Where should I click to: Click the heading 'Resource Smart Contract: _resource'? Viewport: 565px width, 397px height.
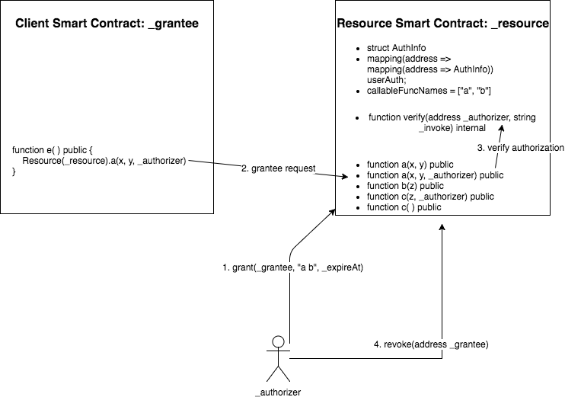coord(443,24)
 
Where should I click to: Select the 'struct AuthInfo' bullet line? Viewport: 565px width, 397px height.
coord(392,48)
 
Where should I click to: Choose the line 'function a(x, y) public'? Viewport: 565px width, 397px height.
coord(410,165)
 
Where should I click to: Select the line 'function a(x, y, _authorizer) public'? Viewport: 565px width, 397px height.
coord(436,175)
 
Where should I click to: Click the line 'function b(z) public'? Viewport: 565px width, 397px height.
coord(404,186)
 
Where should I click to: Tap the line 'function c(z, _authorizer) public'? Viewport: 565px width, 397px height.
coord(430,197)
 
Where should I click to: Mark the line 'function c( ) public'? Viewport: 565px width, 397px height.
coord(404,207)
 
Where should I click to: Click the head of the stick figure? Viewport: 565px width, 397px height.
coord(279,341)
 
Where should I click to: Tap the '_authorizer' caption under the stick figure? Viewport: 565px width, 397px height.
coord(279,392)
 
